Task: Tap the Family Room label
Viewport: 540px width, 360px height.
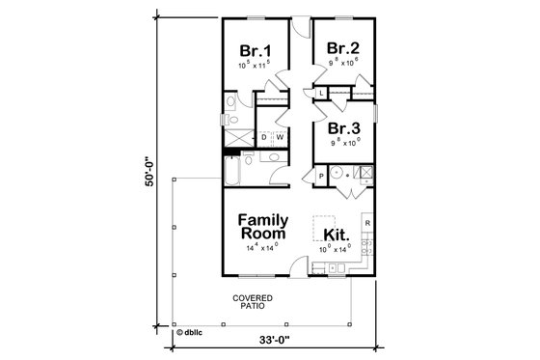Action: (x=268, y=227)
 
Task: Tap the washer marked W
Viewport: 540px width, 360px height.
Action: (x=279, y=138)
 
